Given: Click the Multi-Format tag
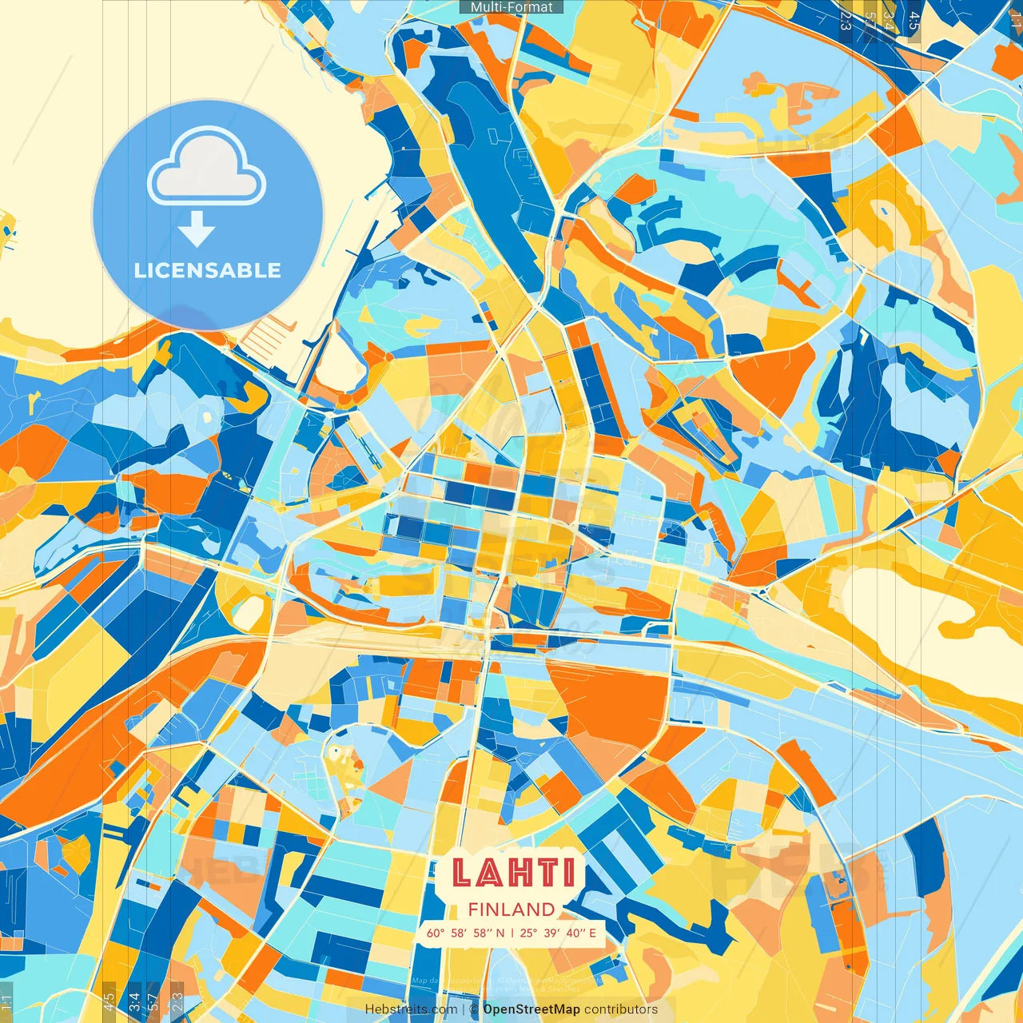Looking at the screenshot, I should tap(511, 7).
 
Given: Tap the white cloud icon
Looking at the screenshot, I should tap(207, 168).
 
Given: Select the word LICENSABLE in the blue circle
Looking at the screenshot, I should tap(208, 270).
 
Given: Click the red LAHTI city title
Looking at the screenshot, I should tap(512, 873).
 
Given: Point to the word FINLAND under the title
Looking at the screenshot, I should tap(511, 910).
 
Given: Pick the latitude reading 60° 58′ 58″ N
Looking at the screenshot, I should tap(465, 933).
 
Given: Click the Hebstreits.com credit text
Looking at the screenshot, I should tap(412, 1009).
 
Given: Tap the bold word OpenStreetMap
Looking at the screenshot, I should tap(531, 1009).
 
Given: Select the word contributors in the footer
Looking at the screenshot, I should tap(621, 1009).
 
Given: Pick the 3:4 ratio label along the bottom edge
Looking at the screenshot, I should tap(134, 1002).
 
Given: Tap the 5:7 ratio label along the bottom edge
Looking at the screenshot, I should tap(153, 1002).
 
